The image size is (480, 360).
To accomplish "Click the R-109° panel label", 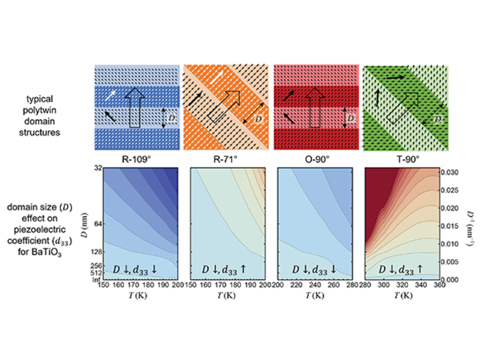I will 139,156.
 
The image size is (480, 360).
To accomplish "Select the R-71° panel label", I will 226,156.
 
